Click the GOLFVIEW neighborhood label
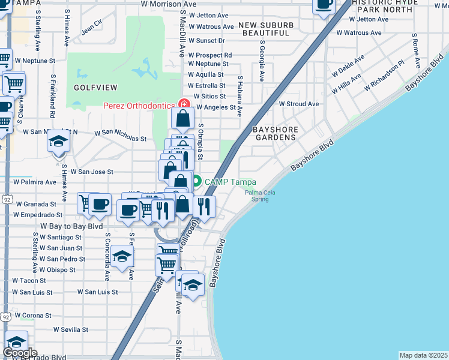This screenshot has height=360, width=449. coord(91,88)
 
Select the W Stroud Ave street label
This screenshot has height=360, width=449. coord(299,104)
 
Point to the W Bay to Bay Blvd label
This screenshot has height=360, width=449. coord(71,227)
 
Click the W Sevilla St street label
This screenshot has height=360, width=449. coord(70,329)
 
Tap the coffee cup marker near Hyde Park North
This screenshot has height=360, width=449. coord(324,5)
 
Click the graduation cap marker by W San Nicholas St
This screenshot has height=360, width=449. coord(59,141)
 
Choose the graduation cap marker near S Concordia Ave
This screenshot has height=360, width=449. coord(122,257)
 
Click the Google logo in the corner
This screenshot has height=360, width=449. coord(20,353)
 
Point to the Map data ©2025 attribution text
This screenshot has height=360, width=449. coord(423,355)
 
